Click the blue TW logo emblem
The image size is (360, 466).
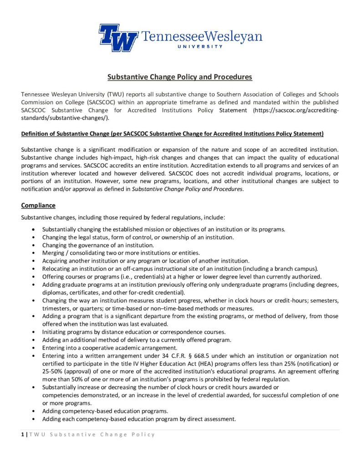pos(118,37)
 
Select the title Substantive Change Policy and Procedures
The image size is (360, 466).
pos(180,77)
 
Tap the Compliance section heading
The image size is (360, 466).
pos(38,205)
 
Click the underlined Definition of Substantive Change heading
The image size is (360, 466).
pos(172,133)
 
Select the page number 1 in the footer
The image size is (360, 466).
pos(23,434)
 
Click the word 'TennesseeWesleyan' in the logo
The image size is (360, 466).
pos(203,36)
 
